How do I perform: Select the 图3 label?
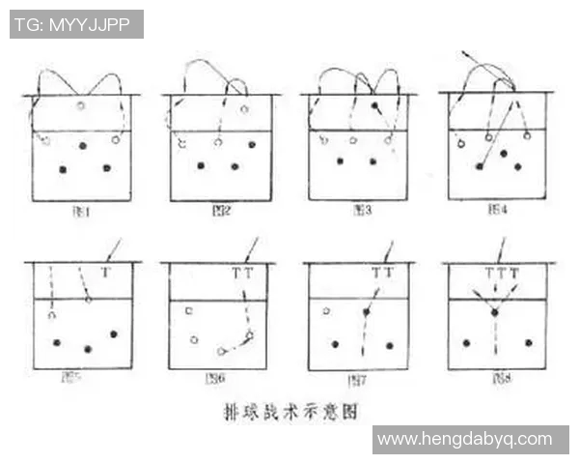360,209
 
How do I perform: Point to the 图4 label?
498,209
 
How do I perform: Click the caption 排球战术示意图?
291,411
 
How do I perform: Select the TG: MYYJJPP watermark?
75,24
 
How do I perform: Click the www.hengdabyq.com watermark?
470,439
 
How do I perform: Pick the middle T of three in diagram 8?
502,274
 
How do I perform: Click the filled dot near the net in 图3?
374,103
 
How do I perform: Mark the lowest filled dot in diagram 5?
88,348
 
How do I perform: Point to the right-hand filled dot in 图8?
528,342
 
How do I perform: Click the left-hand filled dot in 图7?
336,343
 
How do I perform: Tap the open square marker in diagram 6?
188,311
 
